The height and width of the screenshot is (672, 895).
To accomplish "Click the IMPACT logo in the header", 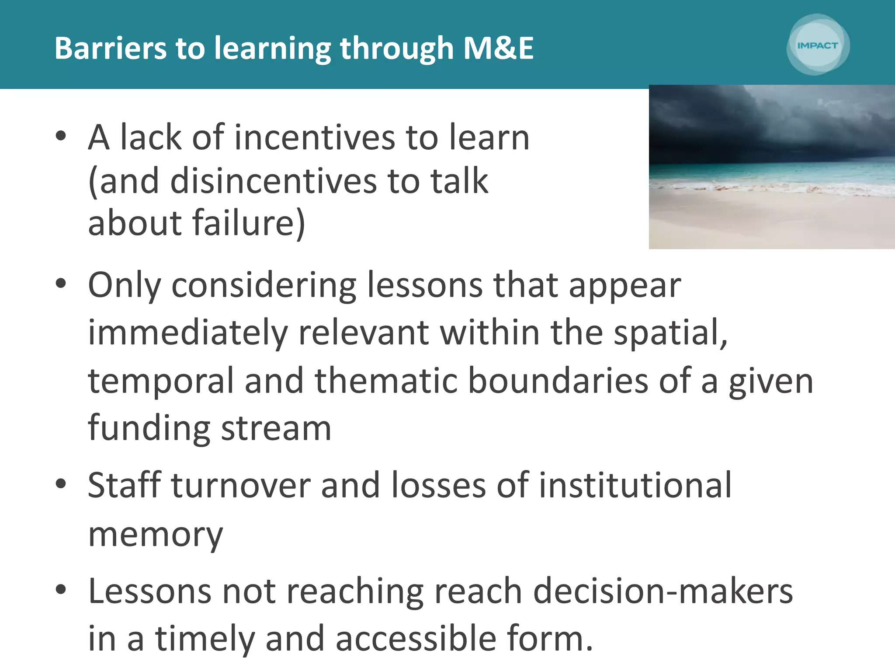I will click(818, 45).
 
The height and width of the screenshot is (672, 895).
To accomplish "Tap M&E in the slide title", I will click(498, 48).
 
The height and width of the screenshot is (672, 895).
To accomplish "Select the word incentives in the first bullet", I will click(315, 138).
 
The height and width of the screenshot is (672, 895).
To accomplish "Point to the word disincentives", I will click(273, 181).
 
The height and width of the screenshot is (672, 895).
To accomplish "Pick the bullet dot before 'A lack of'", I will click(61, 136).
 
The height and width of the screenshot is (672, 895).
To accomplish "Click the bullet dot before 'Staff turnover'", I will click(61, 484).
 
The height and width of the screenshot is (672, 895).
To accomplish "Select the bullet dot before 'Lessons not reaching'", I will click(61, 590).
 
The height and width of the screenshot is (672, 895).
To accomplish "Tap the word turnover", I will click(241, 485).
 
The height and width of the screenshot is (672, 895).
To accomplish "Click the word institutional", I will click(635, 485).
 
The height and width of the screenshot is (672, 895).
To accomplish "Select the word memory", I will click(156, 535).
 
